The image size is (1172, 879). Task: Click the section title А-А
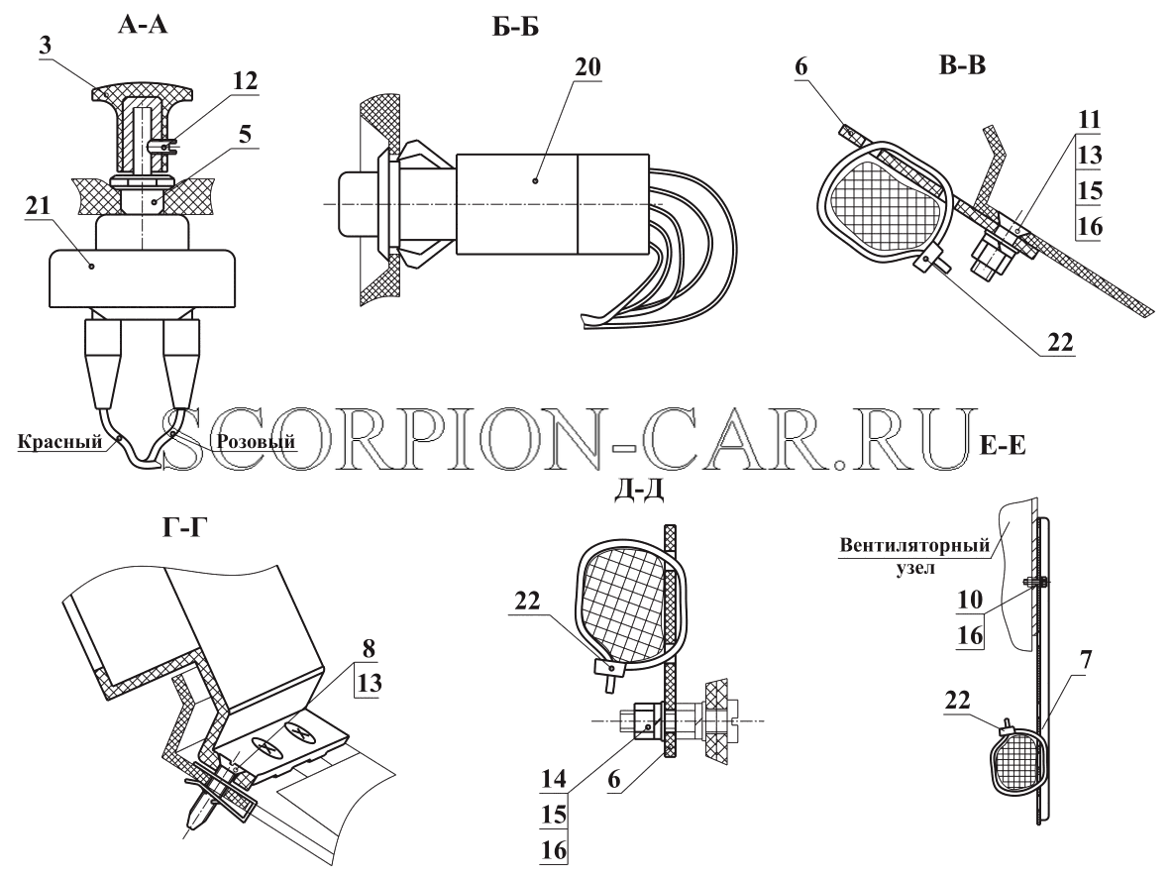143,25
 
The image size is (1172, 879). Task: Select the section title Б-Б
516,28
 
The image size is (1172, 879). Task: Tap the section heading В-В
962,65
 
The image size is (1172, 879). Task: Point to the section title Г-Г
184,528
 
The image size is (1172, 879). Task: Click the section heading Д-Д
638,490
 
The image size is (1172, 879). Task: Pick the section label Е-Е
1002,446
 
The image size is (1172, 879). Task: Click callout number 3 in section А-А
46,45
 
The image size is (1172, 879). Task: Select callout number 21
38,205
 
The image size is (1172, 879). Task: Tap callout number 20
587,66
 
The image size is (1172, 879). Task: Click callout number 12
245,80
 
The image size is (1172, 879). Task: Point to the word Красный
59,441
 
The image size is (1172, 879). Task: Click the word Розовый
256,441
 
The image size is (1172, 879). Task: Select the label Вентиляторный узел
914,555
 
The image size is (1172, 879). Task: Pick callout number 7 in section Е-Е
1086,660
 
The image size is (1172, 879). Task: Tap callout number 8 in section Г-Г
370,648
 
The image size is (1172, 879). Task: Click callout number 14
554,778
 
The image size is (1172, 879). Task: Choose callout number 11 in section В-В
1089,119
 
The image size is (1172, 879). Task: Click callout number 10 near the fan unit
970,600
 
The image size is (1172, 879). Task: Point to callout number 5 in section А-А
245,134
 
